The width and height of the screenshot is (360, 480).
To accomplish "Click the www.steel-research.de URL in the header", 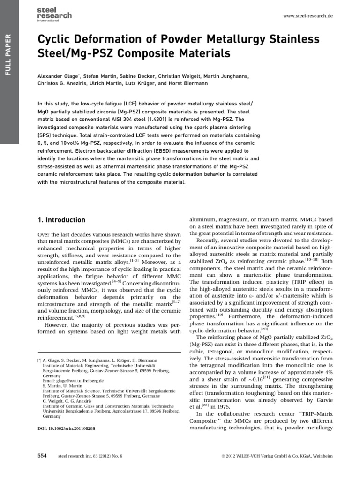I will pos(308,16).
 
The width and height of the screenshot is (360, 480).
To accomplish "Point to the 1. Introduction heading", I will pos(61,220).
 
